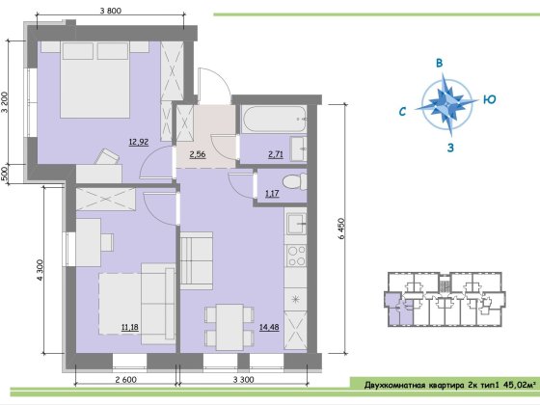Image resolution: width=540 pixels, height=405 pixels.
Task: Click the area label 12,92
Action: click(139, 142)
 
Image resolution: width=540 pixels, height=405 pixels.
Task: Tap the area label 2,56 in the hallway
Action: click(198, 154)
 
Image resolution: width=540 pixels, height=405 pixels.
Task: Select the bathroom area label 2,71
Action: click(276, 154)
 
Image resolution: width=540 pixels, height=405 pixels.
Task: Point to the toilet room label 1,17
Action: click(272, 193)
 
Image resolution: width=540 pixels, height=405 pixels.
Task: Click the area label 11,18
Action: click(130, 327)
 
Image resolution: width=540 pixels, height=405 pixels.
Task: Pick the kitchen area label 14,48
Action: click(269, 327)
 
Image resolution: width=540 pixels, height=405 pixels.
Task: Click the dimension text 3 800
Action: click(111, 11)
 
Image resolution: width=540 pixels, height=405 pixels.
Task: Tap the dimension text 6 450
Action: click(341, 229)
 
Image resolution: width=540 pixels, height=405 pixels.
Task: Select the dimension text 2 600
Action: click(125, 380)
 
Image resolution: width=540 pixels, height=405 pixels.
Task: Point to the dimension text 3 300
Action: click(243, 380)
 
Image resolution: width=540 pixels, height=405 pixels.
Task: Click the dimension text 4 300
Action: click(40, 270)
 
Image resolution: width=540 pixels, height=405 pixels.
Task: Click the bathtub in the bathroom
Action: click(274, 120)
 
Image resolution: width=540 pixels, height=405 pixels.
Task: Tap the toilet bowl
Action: click(294, 181)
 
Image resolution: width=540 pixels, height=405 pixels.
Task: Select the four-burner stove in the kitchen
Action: click(296, 256)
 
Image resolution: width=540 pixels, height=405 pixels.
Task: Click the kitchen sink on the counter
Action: click(296, 224)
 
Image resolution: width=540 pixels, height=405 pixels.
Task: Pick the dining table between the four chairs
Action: click(230, 327)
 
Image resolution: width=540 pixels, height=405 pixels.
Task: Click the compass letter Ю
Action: click(490, 99)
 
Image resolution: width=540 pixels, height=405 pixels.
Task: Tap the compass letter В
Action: click(439, 63)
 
